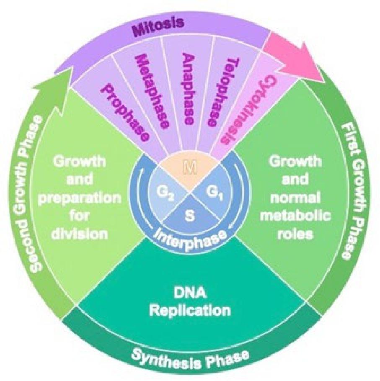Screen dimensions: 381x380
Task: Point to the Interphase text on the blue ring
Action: [189, 239]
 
